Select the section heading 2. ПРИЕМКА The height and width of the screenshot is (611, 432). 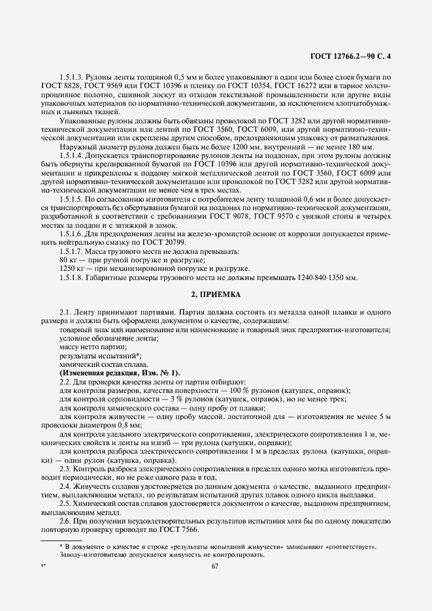pos(216,294)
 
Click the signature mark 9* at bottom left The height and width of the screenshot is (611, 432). pos(43,567)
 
